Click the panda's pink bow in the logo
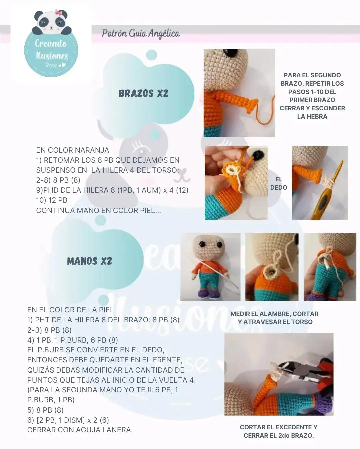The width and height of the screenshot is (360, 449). [x=58, y=13]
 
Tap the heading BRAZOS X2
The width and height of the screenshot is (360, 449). [x=143, y=93]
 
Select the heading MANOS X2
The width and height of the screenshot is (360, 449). [x=89, y=261]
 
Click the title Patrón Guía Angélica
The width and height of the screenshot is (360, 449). [x=141, y=34]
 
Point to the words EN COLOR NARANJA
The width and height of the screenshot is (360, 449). [x=73, y=150]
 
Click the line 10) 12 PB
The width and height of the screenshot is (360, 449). [x=52, y=200]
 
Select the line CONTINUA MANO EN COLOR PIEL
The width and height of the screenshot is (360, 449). [x=98, y=210]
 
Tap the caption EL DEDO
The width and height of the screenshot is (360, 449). [x=279, y=183]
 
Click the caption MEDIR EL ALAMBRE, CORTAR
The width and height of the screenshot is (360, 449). [x=274, y=314]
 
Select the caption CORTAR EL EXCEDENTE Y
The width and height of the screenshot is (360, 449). [x=278, y=427]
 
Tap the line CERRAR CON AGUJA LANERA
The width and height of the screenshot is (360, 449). [x=80, y=430]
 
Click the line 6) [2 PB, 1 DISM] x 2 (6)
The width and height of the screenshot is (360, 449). [x=68, y=420]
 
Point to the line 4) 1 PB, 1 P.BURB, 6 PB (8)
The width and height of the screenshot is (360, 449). [x=73, y=340]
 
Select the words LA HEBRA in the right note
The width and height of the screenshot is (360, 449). [x=312, y=116]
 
